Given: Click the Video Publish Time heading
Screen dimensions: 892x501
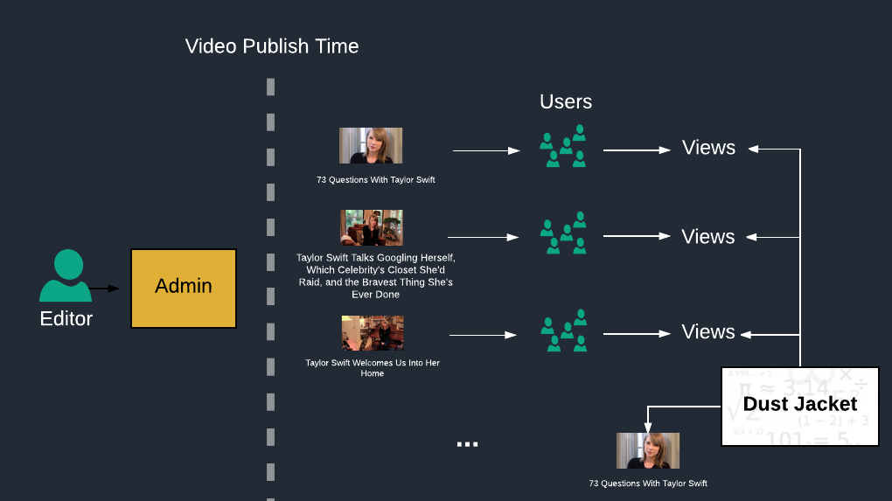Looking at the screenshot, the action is pos(272,46).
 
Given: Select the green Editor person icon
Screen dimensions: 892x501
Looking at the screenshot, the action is pos(66,276).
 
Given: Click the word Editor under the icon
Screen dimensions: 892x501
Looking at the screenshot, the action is pos(66,318).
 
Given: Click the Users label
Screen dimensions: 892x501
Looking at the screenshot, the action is pos(566,101).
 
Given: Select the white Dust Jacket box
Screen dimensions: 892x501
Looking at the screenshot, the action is pos(799,406).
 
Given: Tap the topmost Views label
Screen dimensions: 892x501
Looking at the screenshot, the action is pos(708,148).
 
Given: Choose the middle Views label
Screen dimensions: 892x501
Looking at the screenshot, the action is pos(708,237).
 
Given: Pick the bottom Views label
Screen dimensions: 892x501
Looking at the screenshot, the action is pos(708,332).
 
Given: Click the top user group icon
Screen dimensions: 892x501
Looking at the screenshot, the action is pos(563,147).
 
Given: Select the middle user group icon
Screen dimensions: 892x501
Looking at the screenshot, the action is pos(563,233).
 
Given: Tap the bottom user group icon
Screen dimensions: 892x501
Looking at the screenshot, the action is pos(563,331).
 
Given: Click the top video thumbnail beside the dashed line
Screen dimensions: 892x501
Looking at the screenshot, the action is pos(371,146).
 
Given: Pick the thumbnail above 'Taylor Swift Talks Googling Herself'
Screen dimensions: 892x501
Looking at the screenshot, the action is pos(372,227).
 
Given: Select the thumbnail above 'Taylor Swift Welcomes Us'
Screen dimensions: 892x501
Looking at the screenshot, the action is pos(373,333).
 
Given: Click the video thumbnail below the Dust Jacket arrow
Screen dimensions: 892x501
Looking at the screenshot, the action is pos(648,450).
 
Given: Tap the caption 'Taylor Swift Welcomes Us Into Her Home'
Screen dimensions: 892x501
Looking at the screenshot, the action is pos(373,368).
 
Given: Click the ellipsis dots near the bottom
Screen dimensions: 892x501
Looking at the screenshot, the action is pos(468,445).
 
